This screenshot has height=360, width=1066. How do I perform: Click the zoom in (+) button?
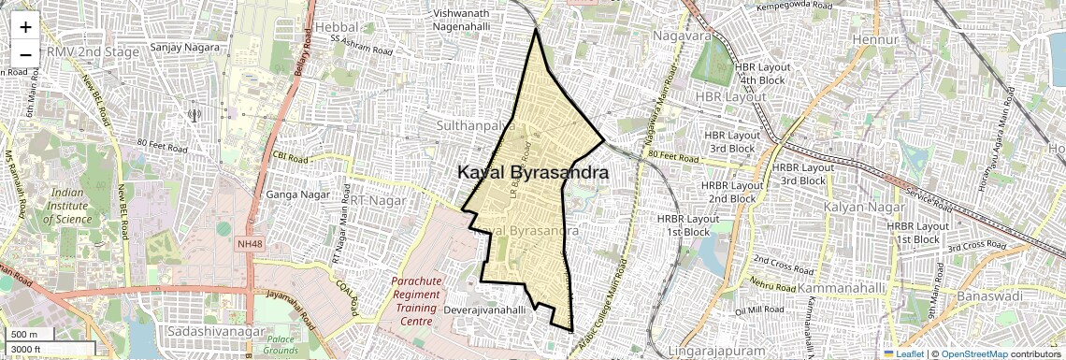[x=25, y=27]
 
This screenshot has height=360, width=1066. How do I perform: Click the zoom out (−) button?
[x=25, y=54]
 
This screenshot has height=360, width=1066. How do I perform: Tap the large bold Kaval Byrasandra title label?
[x=533, y=173]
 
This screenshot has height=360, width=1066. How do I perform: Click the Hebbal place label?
[x=338, y=28]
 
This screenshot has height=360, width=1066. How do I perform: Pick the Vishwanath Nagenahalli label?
[x=472, y=21]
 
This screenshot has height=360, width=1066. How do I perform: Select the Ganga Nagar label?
[x=295, y=194]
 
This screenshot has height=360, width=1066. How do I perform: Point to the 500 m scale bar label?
[x=24, y=335]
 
